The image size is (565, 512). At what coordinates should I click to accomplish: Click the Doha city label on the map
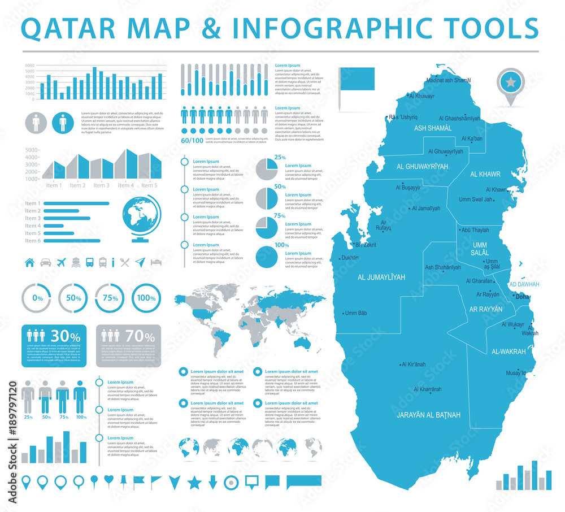[523, 297]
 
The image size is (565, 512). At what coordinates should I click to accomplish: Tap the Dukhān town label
[349, 258]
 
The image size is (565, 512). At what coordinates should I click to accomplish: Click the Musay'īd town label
[516, 373]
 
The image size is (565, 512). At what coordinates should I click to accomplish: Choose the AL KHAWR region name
[485, 174]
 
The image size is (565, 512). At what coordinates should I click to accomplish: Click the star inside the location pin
[511, 83]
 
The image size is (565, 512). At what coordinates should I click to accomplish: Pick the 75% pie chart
[266, 227]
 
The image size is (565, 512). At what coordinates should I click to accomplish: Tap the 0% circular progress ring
[38, 298]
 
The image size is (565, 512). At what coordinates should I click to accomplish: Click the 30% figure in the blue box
[66, 336]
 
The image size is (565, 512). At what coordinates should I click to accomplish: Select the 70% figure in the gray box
[141, 336]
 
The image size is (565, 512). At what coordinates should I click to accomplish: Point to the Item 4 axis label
[125, 185]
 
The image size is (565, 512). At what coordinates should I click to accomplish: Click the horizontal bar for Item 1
[76, 203]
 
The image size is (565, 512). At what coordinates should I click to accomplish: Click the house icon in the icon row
[30, 262]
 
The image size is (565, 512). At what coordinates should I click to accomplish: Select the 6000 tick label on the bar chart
[29, 66]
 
